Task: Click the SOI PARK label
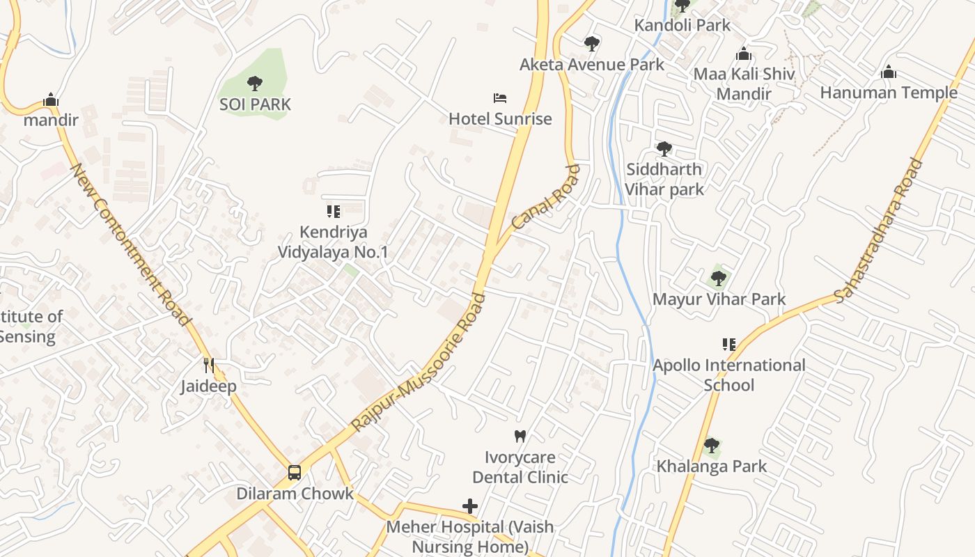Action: click(x=255, y=104)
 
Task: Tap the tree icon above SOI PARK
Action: click(x=255, y=84)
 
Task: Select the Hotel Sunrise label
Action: click(x=500, y=119)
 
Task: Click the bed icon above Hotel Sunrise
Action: click(x=500, y=98)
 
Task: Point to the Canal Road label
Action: click(x=545, y=198)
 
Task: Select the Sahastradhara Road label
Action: click(x=879, y=230)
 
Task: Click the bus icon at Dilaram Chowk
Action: click(x=295, y=473)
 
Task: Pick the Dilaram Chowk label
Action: click(x=295, y=494)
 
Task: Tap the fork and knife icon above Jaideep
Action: click(x=208, y=365)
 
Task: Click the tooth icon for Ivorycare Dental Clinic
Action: click(x=520, y=437)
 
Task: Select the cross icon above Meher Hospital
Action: click(x=470, y=506)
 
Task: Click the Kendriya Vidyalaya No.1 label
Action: click(x=333, y=242)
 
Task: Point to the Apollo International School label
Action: click(x=728, y=375)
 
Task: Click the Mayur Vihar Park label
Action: click(x=719, y=299)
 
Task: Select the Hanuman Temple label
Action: click(x=889, y=93)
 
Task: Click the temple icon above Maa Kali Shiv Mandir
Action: click(x=744, y=54)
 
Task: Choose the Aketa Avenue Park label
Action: click(x=592, y=65)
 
